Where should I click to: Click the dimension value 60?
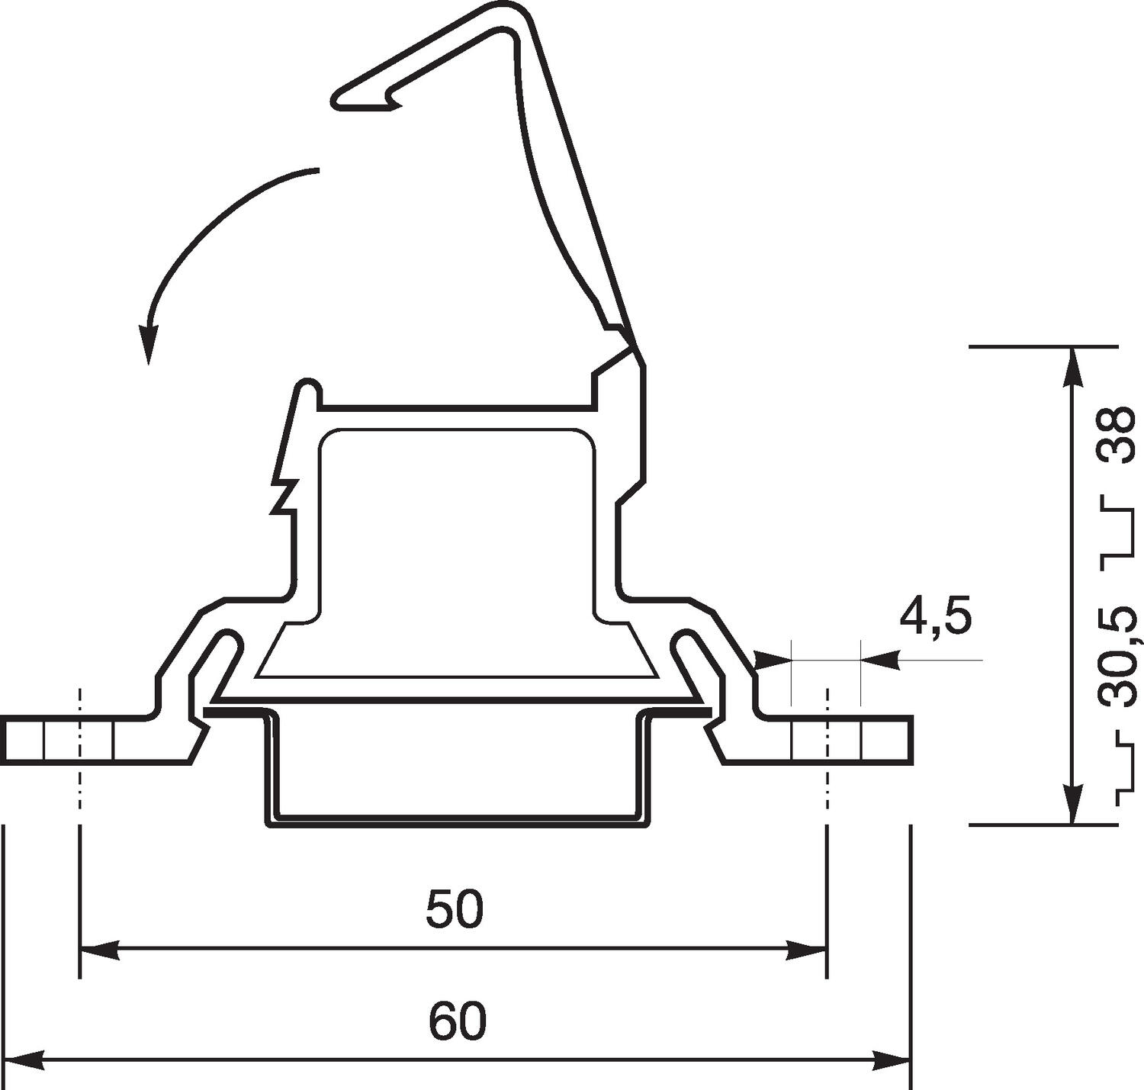457,1021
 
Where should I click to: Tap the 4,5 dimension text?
936,617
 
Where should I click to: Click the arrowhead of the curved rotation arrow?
148,348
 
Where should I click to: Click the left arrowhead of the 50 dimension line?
98,950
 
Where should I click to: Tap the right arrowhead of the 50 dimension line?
808,950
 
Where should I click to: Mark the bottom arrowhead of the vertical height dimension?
1073,805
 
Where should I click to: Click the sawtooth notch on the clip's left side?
281,496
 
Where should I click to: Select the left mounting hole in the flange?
79,740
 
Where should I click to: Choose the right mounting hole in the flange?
827,740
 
